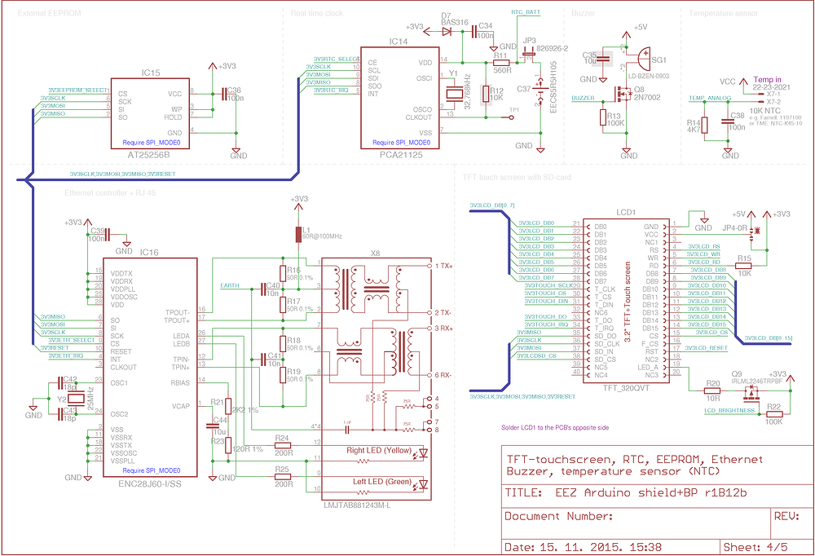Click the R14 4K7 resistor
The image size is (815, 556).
click(x=706, y=126)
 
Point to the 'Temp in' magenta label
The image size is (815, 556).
click(x=766, y=79)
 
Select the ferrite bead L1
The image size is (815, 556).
click(x=299, y=235)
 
